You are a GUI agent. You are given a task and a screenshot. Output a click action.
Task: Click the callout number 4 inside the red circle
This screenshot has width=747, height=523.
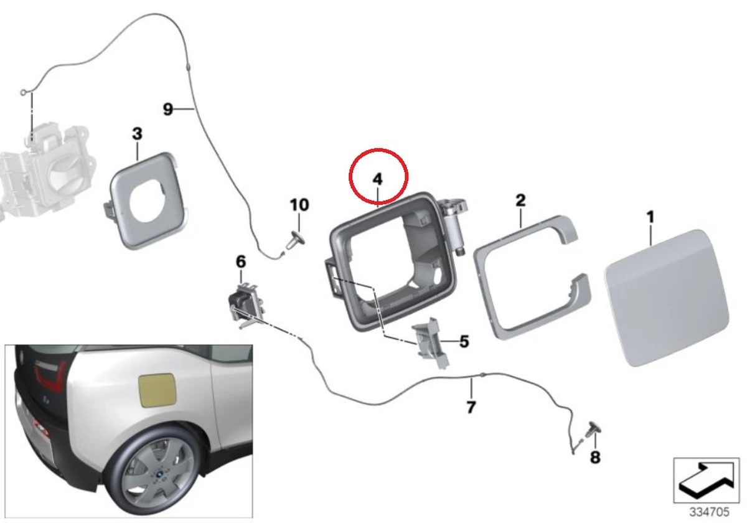click(377, 179)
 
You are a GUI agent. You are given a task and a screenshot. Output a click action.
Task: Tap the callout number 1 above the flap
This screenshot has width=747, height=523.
click(650, 217)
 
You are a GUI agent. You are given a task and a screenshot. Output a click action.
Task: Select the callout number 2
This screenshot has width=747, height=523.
click(520, 200)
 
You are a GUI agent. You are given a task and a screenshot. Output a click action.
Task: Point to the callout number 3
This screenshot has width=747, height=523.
click(137, 133)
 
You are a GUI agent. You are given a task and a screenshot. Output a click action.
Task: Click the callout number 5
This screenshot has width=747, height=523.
click(464, 341)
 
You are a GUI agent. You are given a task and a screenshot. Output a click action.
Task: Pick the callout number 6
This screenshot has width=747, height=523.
click(241, 261)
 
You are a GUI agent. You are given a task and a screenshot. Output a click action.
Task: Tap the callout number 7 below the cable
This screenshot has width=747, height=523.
click(471, 408)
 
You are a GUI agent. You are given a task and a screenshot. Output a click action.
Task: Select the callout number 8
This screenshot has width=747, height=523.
click(595, 458)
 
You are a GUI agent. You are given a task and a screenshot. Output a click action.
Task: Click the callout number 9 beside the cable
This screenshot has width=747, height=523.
click(168, 109)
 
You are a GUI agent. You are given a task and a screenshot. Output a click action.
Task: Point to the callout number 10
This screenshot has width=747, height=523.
click(299, 204)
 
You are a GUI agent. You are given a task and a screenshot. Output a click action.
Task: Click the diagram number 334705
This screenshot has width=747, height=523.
click(710, 512)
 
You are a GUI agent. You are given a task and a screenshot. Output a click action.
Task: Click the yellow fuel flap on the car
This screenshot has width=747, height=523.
click(157, 390)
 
